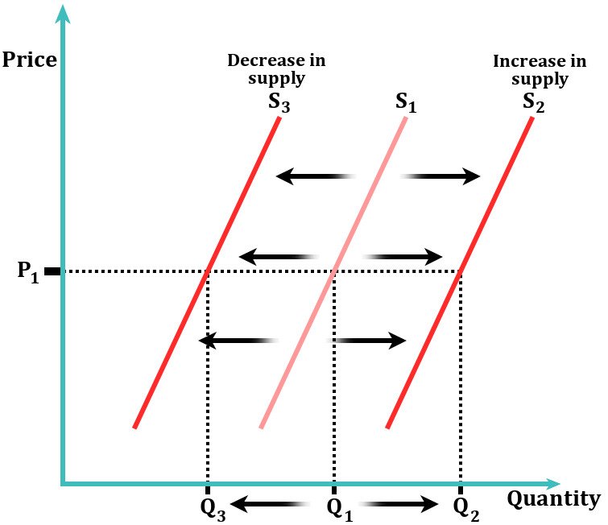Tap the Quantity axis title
[x=553, y=499]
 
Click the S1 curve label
[x=407, y=101]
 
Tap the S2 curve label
[x=533, y=101]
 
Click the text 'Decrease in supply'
[x=276, y=69]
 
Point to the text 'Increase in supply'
[x=531, y=69]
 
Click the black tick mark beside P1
[x=52, y=271]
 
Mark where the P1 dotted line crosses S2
[x=460, y=271]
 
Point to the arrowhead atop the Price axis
[x=63, y=13]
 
